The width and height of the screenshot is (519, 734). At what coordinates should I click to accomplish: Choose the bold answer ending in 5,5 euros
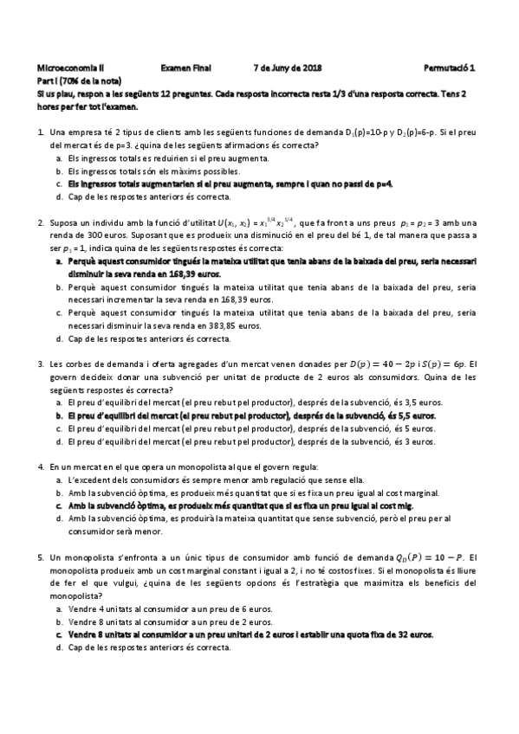point(251,415)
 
